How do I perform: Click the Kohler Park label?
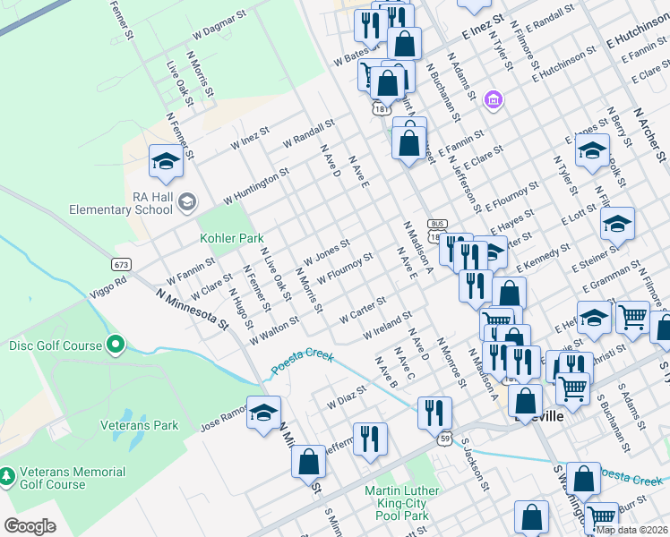231,239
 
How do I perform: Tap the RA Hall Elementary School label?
121,204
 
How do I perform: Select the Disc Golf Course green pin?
115,345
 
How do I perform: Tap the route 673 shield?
122,264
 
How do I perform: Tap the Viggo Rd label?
108,286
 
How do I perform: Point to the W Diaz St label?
348,397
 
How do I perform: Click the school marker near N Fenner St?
166,162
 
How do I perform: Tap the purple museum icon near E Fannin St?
492,98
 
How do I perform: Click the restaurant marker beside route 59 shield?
434,413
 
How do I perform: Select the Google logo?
30,526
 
